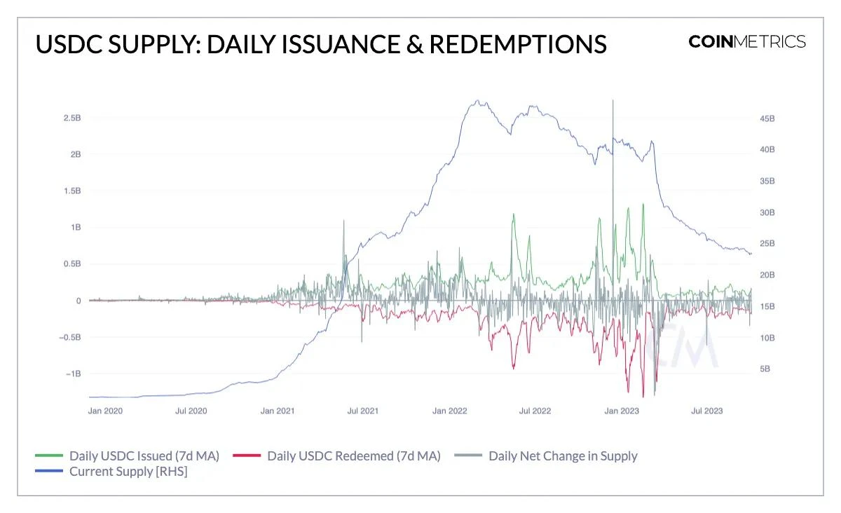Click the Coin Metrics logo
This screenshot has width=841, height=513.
(747, 42)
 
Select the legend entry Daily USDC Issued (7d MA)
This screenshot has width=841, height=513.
(144, 456)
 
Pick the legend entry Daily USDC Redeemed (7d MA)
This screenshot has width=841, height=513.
(353, 456)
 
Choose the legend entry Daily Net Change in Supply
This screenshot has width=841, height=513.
(563, 456)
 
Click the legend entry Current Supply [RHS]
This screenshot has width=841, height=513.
(128, 472)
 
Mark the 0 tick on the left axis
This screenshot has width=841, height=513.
(78, 301)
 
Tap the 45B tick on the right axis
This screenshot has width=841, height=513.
(767, 118)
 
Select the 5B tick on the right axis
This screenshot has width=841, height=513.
(765, 369)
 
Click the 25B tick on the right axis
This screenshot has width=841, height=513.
(767, 244)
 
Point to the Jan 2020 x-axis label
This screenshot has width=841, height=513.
(105, 411)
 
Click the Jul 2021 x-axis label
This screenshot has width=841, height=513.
(363, 411)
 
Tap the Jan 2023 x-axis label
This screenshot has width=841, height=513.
(621, 411)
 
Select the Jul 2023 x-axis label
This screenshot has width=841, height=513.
(706, 411)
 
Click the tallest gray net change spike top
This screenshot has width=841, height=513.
(613, 101)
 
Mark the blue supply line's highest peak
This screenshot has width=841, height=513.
(477, 100)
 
